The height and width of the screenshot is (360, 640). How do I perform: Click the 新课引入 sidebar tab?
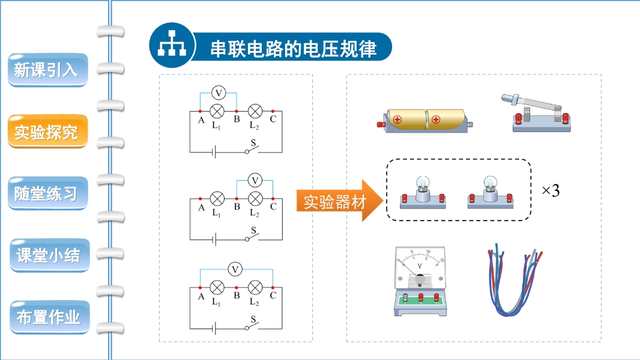(47, 70)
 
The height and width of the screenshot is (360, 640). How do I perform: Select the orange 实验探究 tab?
(47, 132)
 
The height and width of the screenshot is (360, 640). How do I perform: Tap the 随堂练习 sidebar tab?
(47, 194)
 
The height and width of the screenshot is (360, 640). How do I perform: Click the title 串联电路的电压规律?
(293, 49)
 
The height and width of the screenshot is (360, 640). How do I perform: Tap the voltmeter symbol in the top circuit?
(219, 93)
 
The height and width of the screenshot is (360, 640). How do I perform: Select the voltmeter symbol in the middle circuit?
(255, 180)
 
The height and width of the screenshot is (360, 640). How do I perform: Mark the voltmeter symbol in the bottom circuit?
(237, 269)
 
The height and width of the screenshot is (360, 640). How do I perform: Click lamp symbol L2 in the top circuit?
(255, 112)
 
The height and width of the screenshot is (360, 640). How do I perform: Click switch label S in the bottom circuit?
(253, 319)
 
